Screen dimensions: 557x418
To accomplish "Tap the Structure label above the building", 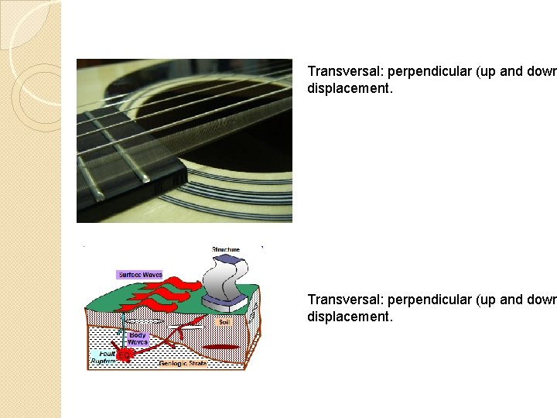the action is (226, 249).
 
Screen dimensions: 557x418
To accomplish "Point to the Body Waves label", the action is (137, 338).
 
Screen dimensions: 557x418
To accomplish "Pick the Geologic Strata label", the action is (183, 362).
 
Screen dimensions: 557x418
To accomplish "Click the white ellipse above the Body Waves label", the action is (141, 320).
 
